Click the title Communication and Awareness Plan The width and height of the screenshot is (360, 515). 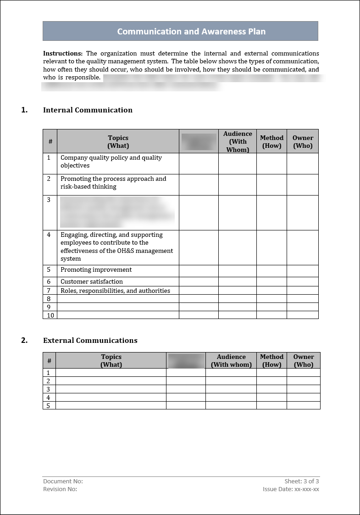pos(191,32)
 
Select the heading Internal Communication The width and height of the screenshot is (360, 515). pos(88,110)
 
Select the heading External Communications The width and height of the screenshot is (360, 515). pos(90,341)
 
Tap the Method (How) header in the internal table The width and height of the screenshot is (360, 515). pos(271,142)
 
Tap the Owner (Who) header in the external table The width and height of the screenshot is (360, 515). pos(304,361)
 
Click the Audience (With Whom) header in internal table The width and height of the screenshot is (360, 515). pos(238,142)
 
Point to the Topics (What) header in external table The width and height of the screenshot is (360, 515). pos(111,361)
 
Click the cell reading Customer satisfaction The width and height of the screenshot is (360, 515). pos(92,282)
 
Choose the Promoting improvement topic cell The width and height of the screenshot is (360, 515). pos(96,270)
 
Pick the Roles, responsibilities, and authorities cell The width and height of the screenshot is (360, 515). pos(116,291)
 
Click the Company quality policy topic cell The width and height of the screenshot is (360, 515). pos(111,162)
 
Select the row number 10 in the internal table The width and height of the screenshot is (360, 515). pos(50,315)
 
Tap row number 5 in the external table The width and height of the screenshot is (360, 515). pos(48,406)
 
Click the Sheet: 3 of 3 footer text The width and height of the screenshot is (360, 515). pos(302,481)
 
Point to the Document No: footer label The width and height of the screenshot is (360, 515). pos(63,481)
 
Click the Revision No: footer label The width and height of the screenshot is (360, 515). pos(60,489)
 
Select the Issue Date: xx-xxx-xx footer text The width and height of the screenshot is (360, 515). pos(291,489)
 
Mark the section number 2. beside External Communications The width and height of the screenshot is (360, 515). pos(24,341)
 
